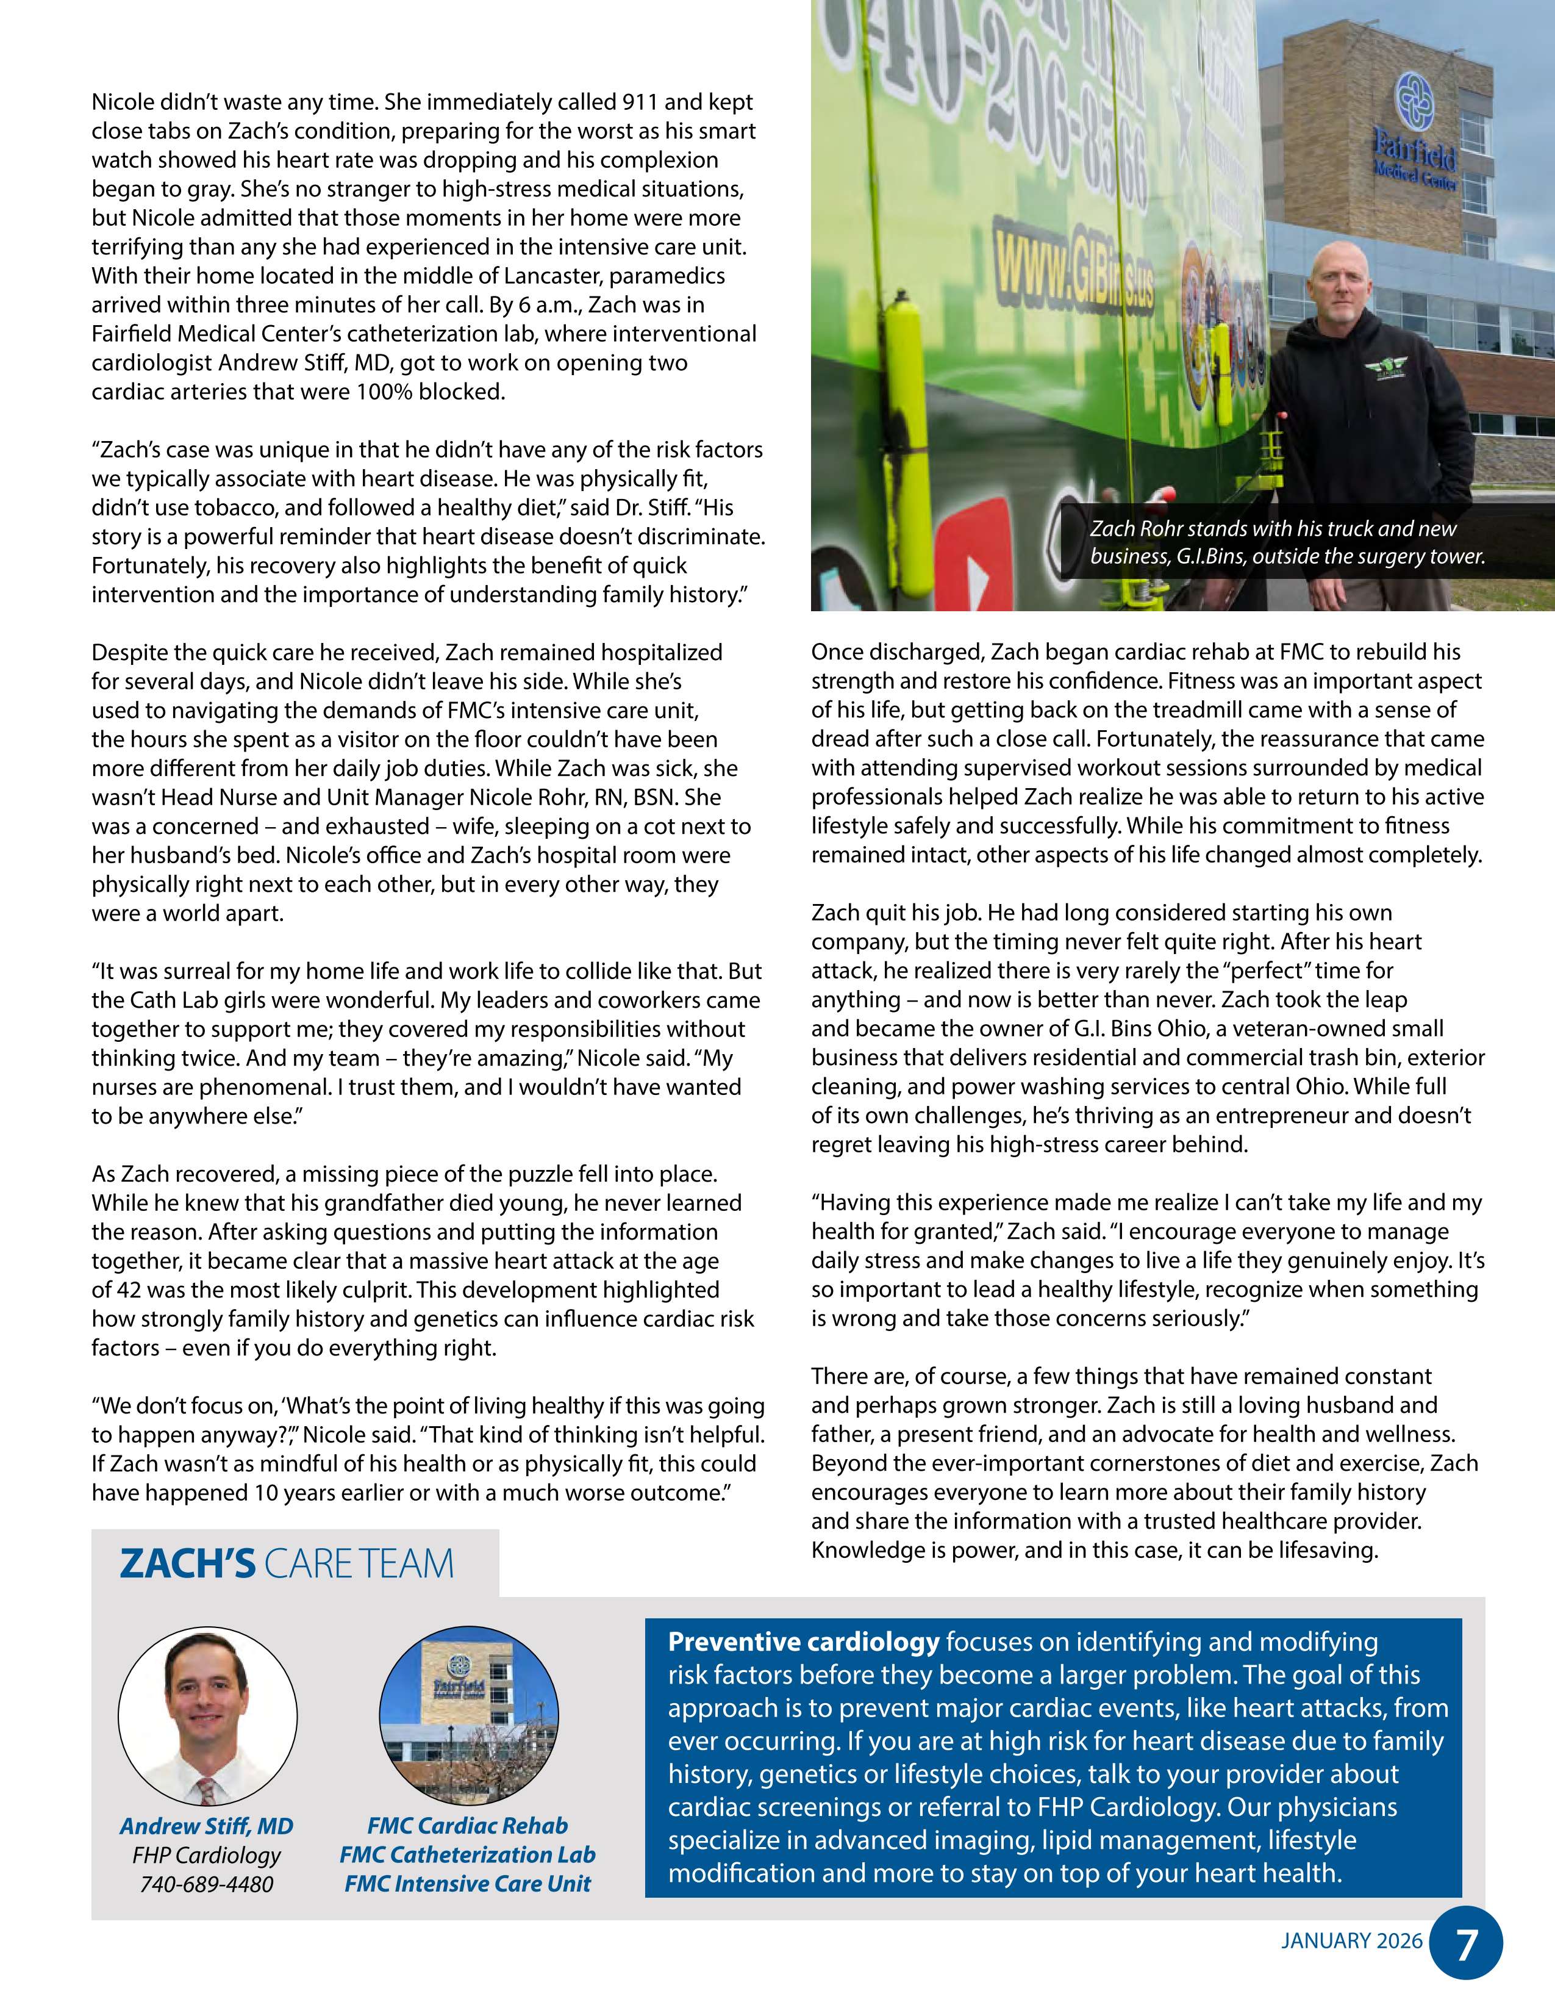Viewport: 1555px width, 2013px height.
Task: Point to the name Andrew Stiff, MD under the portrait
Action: [x=206, y=1826]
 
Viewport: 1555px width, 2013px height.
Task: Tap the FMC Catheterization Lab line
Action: [x=467, y=1854]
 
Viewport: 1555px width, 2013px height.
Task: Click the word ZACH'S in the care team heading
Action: [x=187, y=1564]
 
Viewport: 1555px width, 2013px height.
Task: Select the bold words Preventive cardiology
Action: [x=803, y=1642]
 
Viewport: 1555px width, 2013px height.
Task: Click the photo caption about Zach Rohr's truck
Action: [x=1286, y=542]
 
